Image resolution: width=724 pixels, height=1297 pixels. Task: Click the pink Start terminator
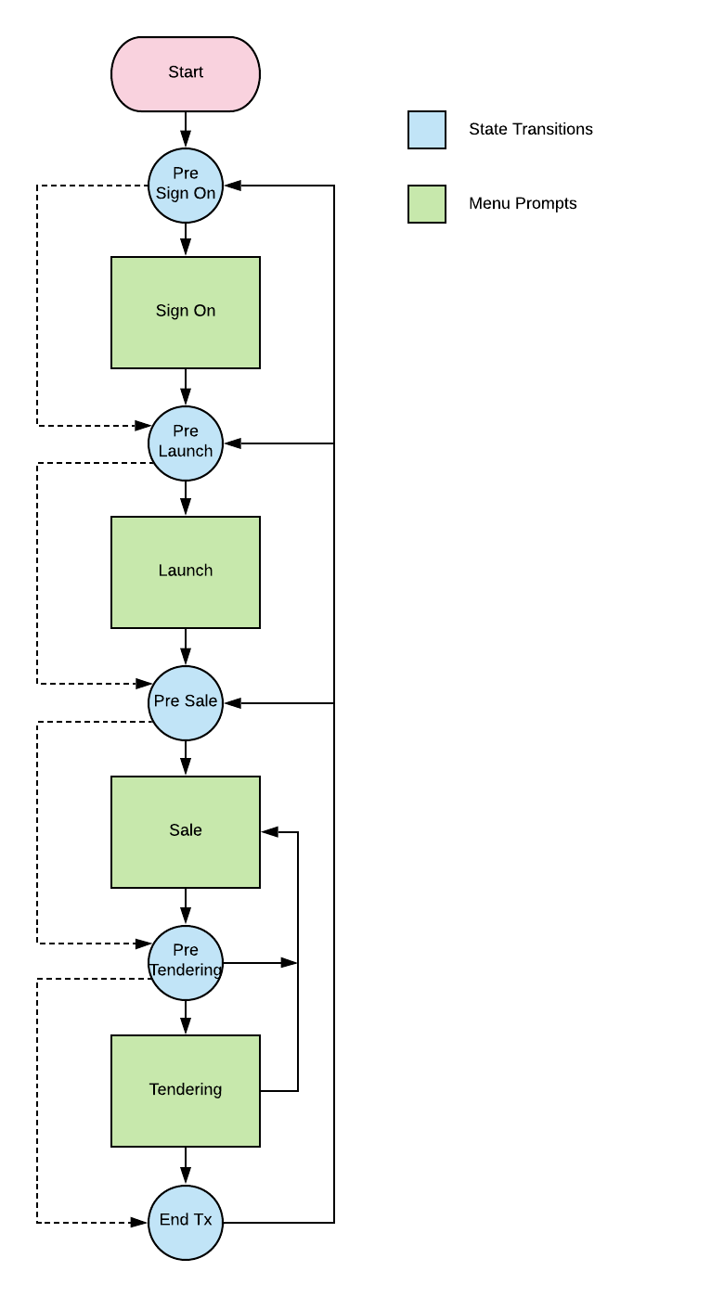click(186, 74)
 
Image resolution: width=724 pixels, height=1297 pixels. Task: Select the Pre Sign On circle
click(186, 186)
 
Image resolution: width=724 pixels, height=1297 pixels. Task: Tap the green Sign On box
click(186, 313)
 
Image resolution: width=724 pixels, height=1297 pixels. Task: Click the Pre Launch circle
click(186, 443)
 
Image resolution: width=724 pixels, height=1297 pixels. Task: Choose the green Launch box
click(186, 572)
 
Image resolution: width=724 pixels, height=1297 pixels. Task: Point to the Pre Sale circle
click(186, 703)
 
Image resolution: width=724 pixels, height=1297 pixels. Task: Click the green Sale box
click(186, 832)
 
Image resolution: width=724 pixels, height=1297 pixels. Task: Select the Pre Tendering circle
click(186, 963)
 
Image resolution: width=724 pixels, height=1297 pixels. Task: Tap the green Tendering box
click(186, 1091)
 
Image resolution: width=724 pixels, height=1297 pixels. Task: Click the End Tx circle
click(186, 1223)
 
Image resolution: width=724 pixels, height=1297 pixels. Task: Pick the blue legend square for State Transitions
click(427, 130)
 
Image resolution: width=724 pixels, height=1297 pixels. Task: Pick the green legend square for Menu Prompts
click(427, 204)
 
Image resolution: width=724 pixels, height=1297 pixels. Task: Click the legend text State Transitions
click(530, 130)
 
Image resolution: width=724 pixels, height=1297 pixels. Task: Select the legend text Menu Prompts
click(523, 204)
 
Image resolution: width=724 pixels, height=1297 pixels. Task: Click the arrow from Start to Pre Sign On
click(186, 130)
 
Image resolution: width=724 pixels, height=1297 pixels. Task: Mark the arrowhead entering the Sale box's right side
click(270, 832)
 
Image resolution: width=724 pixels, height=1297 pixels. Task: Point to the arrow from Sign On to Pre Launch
click(186, 387)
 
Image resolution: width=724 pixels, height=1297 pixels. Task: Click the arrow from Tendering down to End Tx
click(186, 1166)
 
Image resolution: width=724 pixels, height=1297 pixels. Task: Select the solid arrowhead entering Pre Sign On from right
click(232, 186)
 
